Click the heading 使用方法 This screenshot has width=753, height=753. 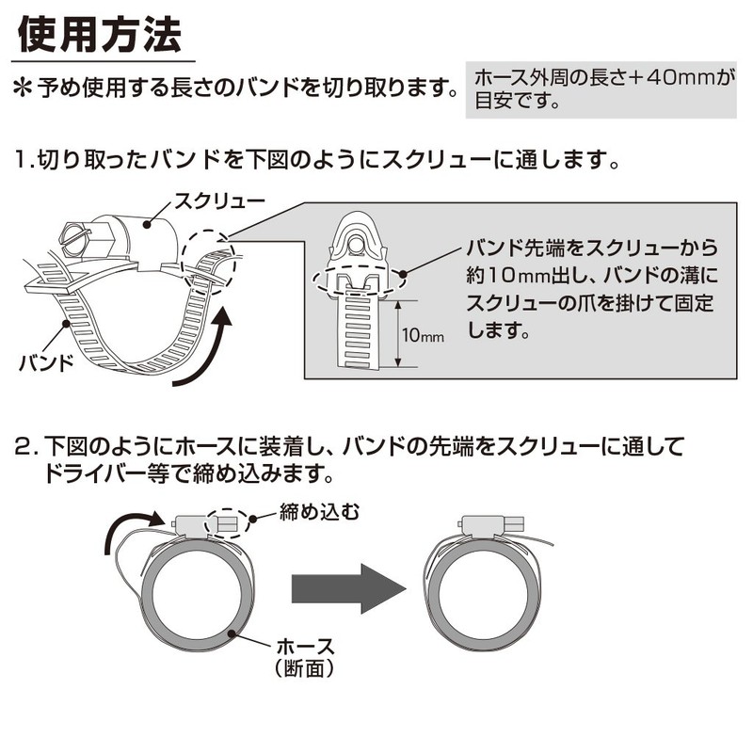click(x=100, y=35)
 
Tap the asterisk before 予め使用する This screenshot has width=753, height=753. click(x=22, y=89)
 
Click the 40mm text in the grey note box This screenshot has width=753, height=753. click(x=681, y=78)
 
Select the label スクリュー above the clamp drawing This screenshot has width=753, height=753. click(x=219, y=201)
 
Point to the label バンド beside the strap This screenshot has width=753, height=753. click(x=46, y=363)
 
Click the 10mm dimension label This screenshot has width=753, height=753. click(x=423, y=335)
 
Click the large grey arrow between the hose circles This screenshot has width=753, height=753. click(x=349, y=589)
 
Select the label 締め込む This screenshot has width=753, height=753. click(x=319, y=512)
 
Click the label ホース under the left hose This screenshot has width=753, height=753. click(x=305, y=647)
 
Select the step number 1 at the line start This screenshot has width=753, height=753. click(x=23, y=159)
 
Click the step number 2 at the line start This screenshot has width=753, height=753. click(x=22, y=446)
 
